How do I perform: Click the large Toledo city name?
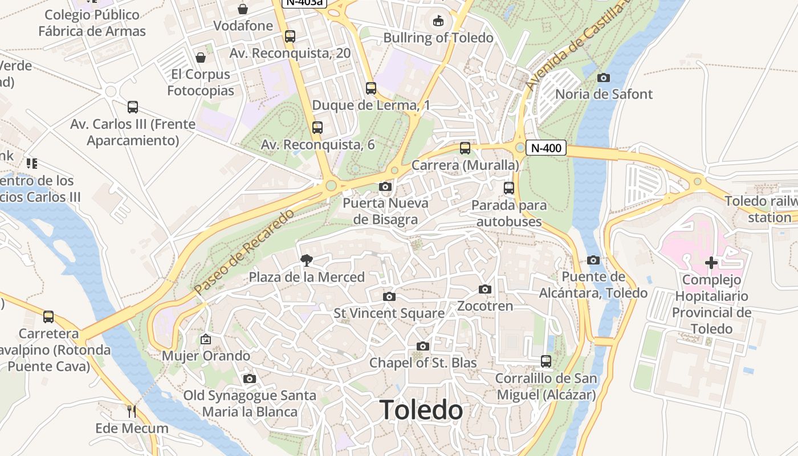(421, 410)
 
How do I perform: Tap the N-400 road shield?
(545, 148)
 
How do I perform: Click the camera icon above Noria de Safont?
(604, 78)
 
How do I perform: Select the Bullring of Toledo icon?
(438, 21)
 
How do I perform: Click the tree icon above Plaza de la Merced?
(307, 260)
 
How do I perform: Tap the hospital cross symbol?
(711, 263)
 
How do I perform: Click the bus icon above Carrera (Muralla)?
(465, 148)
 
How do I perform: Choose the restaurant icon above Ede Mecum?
(132, 411)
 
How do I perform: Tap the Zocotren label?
(485, 306)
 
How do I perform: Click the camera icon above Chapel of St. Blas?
(422, 346)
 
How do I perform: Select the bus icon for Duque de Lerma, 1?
(371, 88)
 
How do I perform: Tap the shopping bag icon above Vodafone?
(243, 9)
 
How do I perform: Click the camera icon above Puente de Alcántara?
(593, 260)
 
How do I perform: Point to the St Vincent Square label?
(389, 313)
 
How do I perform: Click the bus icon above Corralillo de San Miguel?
(546, 361)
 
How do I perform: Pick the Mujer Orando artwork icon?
(206, 339)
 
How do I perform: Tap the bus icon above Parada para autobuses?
(509, 188)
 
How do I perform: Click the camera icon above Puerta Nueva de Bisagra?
(385, 186)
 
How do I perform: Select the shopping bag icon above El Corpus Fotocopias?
(200, 58)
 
